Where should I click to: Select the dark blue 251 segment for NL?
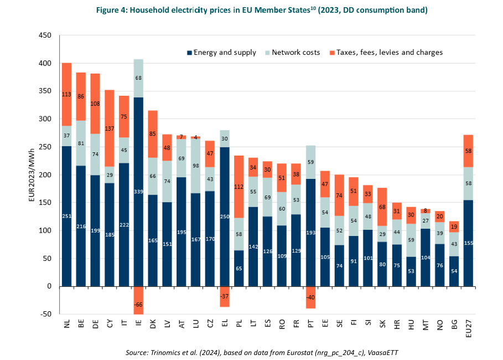(67, 216)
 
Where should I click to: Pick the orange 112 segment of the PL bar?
(239, 187)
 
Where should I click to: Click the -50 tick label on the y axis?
(44, 314)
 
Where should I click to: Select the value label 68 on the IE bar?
(138, 78)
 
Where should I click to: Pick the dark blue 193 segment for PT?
(310, 233)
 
